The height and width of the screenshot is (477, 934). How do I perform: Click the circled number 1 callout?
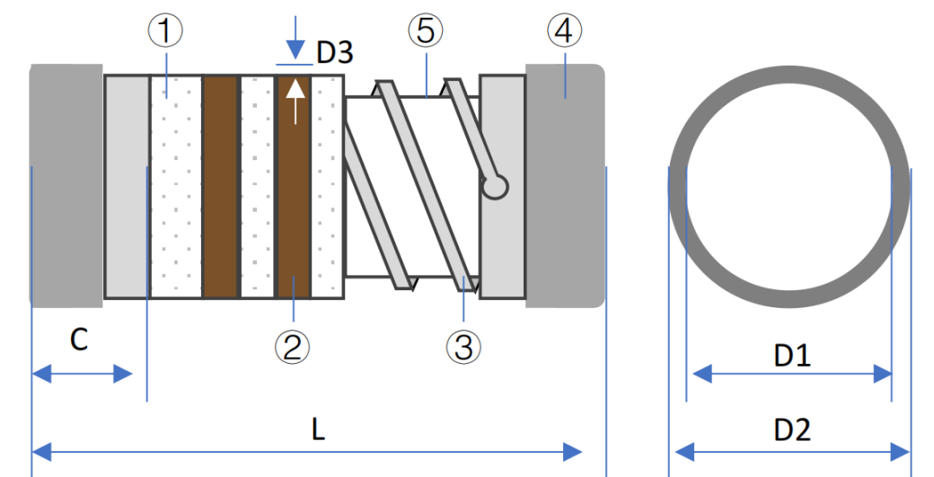166,31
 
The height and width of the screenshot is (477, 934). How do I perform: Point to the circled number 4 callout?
563,31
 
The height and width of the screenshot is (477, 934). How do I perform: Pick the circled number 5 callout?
425,31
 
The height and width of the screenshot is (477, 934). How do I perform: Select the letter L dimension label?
318,429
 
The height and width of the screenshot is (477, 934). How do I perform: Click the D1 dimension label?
791,357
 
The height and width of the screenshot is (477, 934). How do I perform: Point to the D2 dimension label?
791,429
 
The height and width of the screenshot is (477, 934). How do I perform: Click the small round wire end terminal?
495,186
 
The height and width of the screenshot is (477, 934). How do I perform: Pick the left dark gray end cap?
66,184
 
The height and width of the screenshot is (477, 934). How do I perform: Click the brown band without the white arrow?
220,186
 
